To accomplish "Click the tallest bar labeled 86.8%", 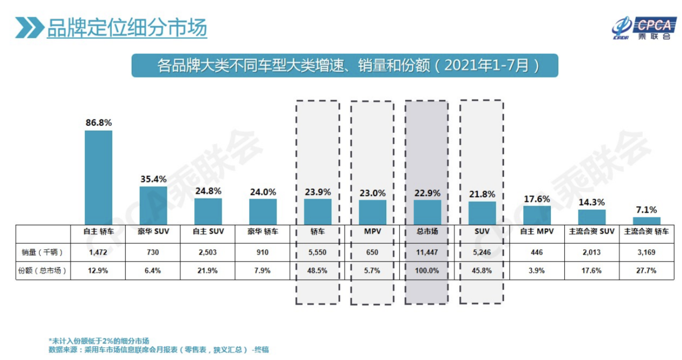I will (98, 178).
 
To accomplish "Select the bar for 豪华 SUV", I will (153, 206).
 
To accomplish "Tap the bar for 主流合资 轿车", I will (646, 221).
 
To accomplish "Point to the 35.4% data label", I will (153, 179).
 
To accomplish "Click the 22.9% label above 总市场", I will (427, 193).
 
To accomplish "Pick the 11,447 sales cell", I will (427, 251).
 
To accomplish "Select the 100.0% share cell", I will (427, 271).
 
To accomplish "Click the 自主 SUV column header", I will (208, 232).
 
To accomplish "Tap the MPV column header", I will (372, 232).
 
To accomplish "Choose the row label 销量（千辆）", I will (41, 251).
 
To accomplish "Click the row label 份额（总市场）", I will (41, 271).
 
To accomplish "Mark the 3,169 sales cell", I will (646, 251).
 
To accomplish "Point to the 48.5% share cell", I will (317, 271).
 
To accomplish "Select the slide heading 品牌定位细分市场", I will (126, 27).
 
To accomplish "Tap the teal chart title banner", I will (344, 66).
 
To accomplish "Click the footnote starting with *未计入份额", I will (99, 341).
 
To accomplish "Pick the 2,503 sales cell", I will (208, 251).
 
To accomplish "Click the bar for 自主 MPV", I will (537, 215).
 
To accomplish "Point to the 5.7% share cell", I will (372, 271).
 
